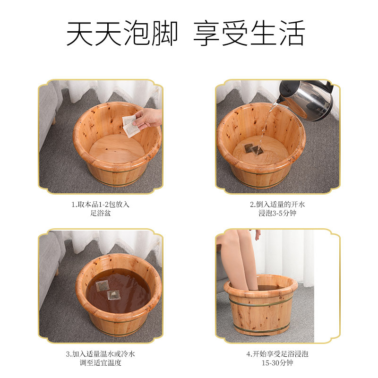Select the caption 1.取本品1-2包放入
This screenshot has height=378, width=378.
tap(100, 205)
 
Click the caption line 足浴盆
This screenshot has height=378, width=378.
tap(100, 214)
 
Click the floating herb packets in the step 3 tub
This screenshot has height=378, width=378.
tap(107, 290)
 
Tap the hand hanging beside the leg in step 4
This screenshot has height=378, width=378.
tap(257, 234)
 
